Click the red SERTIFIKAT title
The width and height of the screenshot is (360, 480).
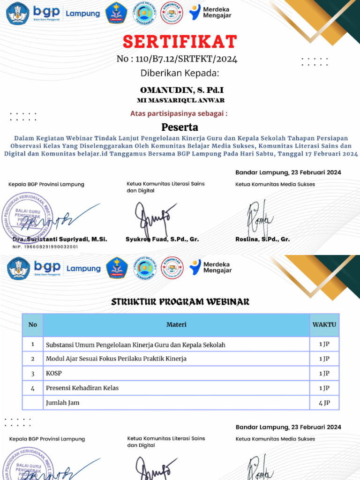coord(180,42)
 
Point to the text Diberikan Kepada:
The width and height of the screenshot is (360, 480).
coord(180,73)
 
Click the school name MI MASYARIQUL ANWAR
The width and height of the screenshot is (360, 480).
coord(180,100)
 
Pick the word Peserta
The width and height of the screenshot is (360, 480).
coord(180,127)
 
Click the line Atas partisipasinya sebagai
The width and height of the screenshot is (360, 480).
coord(179,113)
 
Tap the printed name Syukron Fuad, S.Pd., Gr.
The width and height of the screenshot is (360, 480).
coord(162,239)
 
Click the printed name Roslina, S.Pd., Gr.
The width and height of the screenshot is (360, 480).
coord(262,239)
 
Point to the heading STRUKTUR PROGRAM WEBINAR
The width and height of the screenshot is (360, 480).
coord(180,302)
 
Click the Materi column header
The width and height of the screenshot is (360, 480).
coord(176,324)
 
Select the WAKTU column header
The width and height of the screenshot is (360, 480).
coord(324,324)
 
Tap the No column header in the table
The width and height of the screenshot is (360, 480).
coord(33,324)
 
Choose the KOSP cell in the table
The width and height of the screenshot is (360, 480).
coord(54,374)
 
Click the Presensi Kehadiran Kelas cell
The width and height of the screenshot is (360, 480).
coord(82,388)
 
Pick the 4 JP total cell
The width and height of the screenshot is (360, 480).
coord(324,403)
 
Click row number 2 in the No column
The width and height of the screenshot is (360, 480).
coord(33,359)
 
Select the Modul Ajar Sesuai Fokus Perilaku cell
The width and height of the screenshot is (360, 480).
coord(116,359)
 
